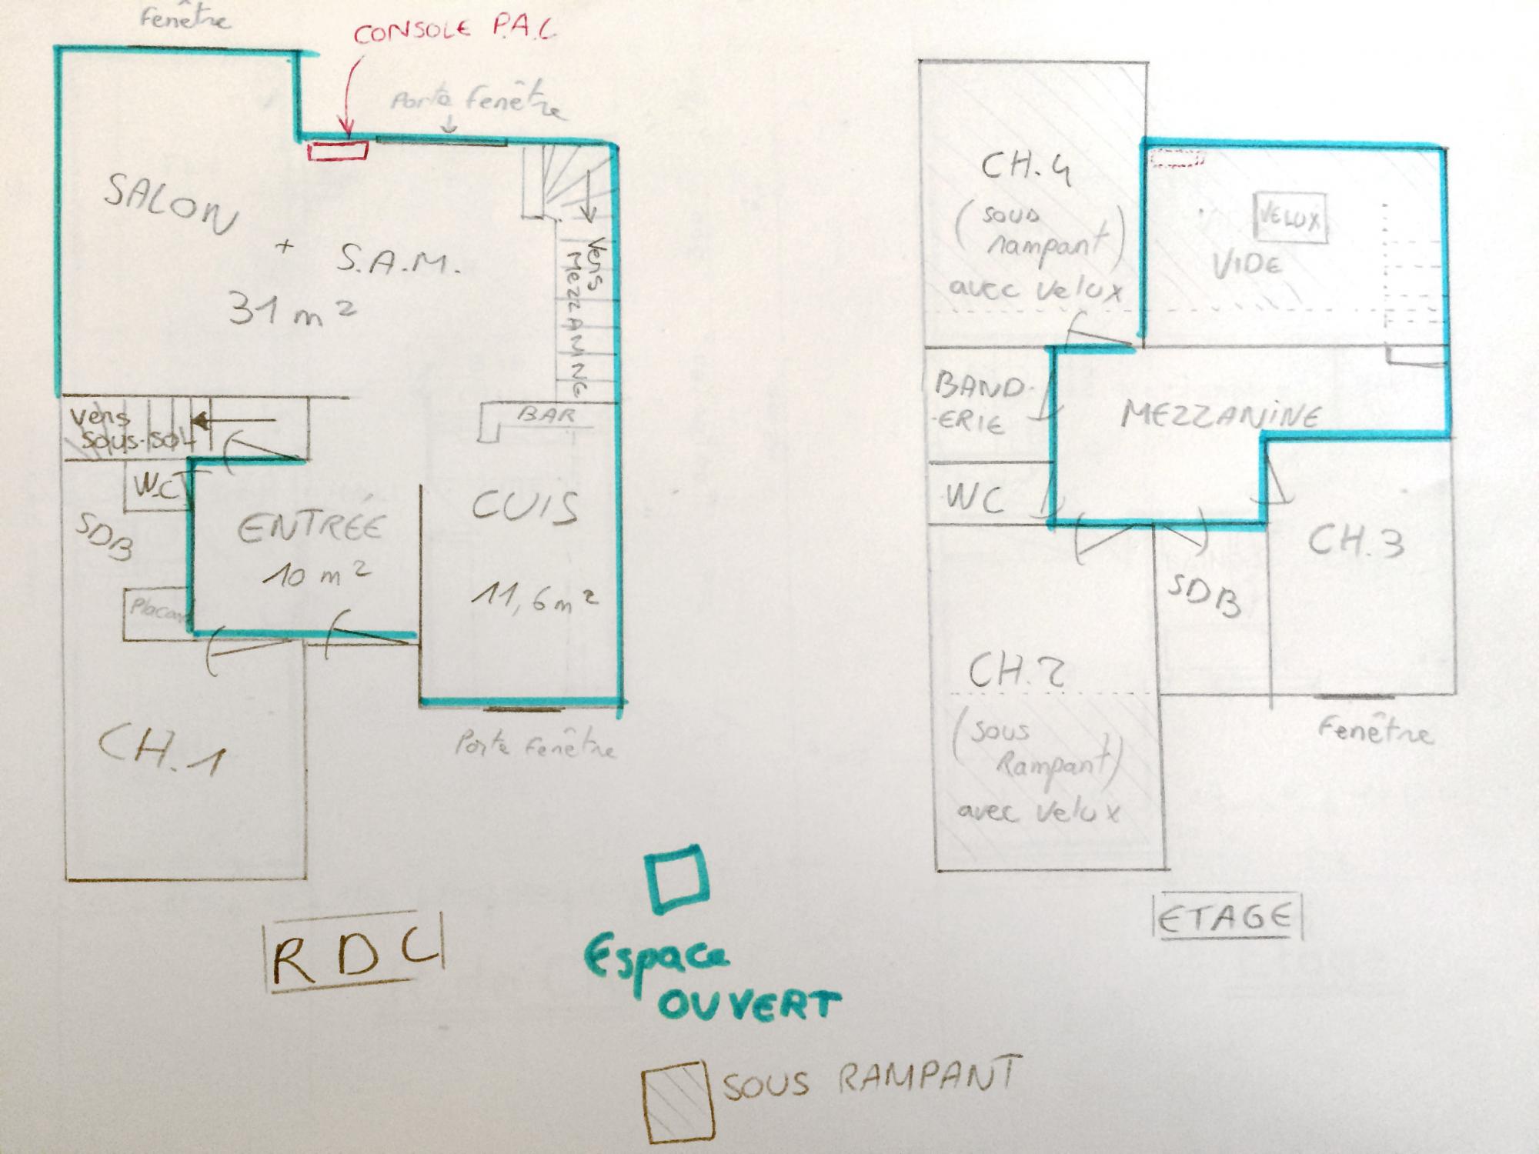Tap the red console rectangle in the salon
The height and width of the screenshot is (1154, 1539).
(338, 151)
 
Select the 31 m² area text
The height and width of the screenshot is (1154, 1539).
(291, 309)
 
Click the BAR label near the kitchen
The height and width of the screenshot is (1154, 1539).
(547, 415)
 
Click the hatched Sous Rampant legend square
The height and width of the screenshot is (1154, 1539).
(675, 1101)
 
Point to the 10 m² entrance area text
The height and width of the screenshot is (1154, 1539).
(318, 572)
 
